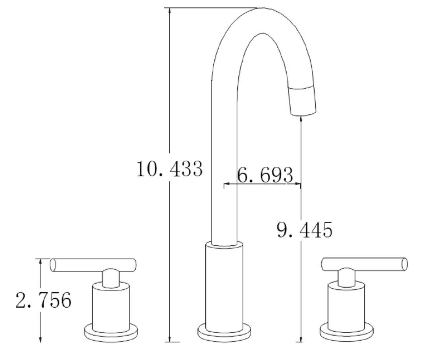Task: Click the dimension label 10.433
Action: (x=169, y=169)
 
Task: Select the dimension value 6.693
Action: (x=265, y=175)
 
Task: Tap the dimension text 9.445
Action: (x=304, y=230)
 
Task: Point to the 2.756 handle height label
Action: (x=43, y=301)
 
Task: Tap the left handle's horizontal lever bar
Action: (x=93, y=265)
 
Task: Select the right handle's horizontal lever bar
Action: (x=364, y=264)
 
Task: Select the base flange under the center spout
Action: (x=224, y=333)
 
